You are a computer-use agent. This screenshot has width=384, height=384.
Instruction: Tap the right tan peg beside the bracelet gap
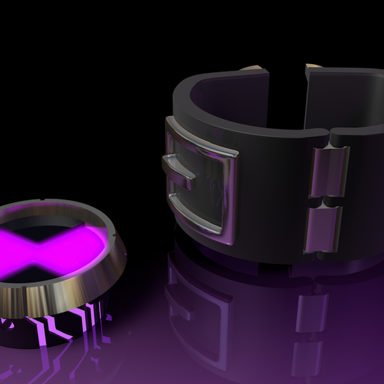(313, 68)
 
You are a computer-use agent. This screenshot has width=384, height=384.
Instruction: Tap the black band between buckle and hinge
(275, 186)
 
